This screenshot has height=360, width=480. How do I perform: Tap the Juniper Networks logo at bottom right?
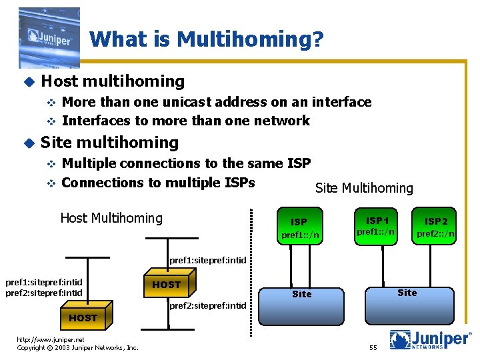click(430, 339)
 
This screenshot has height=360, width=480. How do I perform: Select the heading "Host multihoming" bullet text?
click(113, 81)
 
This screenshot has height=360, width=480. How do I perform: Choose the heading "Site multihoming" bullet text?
click(110, 142)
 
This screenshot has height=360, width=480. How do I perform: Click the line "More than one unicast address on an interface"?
click(217, 102)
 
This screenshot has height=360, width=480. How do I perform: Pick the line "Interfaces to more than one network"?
click(186, 121)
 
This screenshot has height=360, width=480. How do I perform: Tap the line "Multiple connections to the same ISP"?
click(186, 163)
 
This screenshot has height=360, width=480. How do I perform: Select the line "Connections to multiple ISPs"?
click(159, 182)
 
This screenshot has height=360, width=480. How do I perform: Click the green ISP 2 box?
click(436, 227)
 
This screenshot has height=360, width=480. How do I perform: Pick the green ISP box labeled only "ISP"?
click(300, 227)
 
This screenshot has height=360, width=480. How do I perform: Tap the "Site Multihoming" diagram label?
click(364, 189)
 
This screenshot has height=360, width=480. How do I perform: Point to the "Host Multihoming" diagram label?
click(111, 218)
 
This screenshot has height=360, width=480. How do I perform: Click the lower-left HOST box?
click(83, 318)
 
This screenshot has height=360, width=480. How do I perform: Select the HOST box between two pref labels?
click(167, 284)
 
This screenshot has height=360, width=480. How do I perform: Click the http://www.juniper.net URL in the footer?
click(51, 339)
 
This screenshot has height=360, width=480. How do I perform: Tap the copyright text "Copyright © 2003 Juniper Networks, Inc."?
click(77, 347)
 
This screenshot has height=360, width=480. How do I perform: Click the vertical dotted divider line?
click(253, 273)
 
